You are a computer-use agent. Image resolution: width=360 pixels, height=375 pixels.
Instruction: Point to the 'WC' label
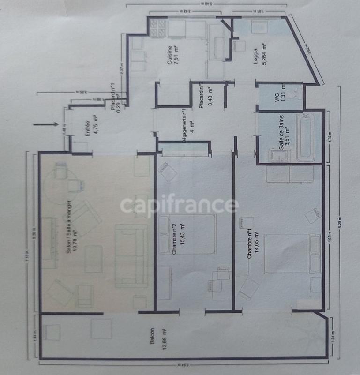coord(277,97)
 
